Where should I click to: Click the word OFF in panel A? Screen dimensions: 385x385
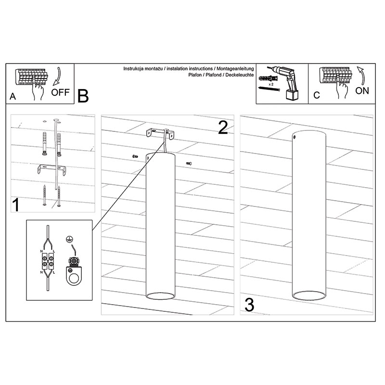pos(61,92)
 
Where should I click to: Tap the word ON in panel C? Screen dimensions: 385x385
pos(362,91)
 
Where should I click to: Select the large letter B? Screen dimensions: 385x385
pos(83,96)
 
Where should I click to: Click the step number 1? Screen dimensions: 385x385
pos(16,205)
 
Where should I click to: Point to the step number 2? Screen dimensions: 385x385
pos(223,128)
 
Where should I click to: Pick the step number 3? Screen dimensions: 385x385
pos(249,305)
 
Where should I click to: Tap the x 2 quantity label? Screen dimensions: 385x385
pos(271,84)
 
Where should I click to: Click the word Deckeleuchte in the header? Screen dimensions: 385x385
pos(239,75)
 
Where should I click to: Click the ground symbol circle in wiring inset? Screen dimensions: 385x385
pos(69,239)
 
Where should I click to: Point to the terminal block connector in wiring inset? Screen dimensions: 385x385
pos(48,261)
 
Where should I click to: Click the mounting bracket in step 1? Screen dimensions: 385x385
pos(51,169)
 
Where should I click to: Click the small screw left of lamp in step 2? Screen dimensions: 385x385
pos(135,156)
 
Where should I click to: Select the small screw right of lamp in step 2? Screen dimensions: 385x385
pos(189,163)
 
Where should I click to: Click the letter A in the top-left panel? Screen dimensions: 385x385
pos(13,96)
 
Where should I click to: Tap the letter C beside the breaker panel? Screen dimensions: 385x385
pos(317,95)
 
